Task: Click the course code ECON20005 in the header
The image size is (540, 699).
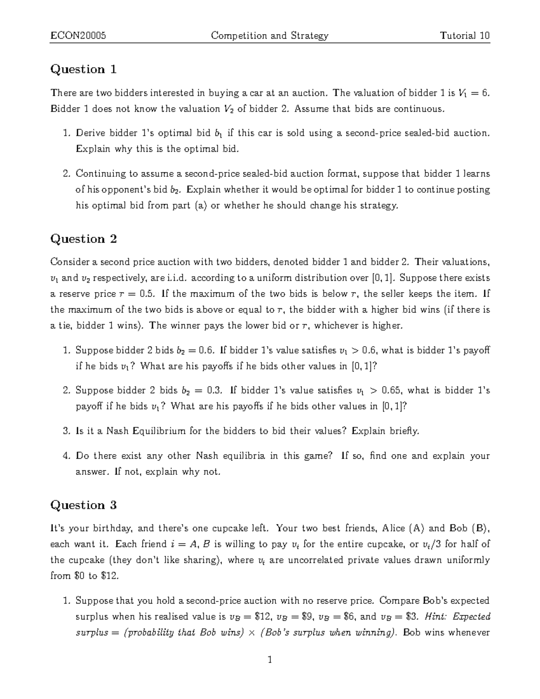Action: (78, 36)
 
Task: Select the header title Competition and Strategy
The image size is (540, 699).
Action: (270, 36)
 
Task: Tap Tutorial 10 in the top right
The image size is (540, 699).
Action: (465, 36)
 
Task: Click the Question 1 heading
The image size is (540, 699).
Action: (84, 69)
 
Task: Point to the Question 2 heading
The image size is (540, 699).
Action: (84, 239)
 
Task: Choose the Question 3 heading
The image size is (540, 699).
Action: (84, 505)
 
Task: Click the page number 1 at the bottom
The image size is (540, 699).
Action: (270, 660)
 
